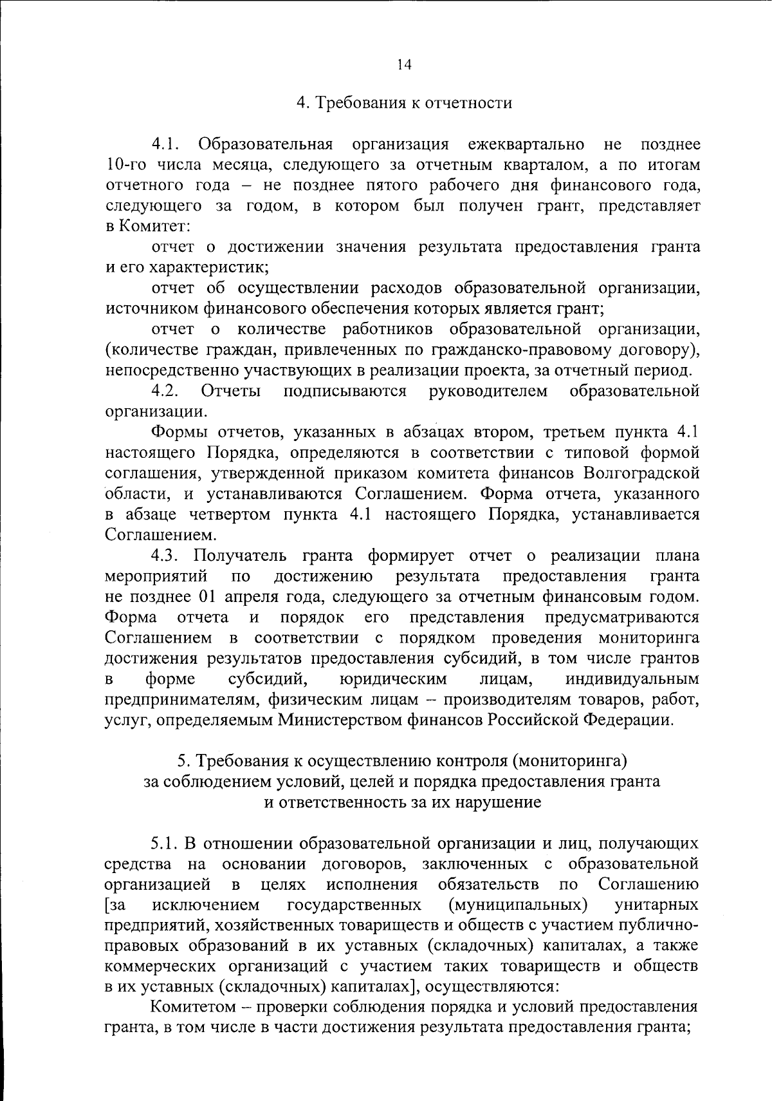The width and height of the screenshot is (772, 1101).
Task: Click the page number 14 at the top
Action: (x=404, y=64)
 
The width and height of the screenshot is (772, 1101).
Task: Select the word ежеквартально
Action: (x=526, y=144)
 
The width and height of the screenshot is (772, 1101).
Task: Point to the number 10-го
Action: (x=127, y=165)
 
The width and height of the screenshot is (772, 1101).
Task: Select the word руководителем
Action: (x=488, y=391)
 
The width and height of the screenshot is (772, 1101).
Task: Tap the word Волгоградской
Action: (x=641, y=473)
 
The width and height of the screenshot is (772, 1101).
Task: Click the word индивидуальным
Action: (x=632, y=679)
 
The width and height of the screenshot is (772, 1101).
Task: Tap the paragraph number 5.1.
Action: (x=164, y=843)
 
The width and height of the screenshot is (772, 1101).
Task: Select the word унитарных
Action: (x=656, y=905)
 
